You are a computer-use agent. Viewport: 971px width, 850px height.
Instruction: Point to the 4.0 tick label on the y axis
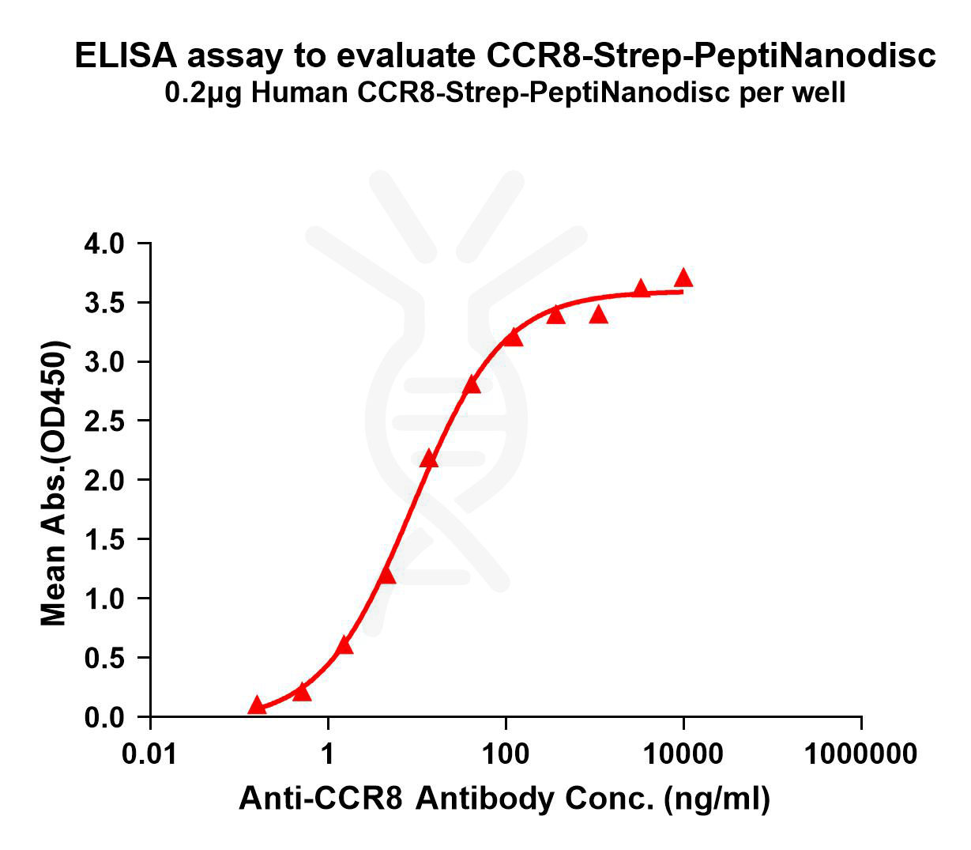(x=104, y=244)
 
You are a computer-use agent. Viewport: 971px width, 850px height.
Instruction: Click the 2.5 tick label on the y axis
(x=104, y=421)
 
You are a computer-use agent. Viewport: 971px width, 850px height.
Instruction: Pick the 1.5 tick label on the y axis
(x=104, y=539)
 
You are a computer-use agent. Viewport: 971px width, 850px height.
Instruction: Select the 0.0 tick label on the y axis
(x=104, y=717)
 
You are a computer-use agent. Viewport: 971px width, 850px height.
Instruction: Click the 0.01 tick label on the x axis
(x=150, y=754)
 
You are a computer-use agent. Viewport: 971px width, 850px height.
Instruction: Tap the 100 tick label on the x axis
(x=506, y=754)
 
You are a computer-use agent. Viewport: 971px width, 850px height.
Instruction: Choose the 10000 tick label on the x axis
(x=683, y=754)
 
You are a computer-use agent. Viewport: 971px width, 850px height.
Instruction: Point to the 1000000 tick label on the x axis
(x=860, y=754)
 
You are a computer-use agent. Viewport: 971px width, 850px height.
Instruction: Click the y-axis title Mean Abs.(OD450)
(x=54, y=484)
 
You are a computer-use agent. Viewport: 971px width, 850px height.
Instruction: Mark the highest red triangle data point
(x=683, y=278)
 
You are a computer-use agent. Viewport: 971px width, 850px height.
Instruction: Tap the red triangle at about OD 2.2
(x=429, y=459)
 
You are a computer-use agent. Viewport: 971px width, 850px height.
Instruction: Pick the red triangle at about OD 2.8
(x=472, y=385)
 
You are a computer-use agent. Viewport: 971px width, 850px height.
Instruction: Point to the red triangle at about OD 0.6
(x=344, y=646)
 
